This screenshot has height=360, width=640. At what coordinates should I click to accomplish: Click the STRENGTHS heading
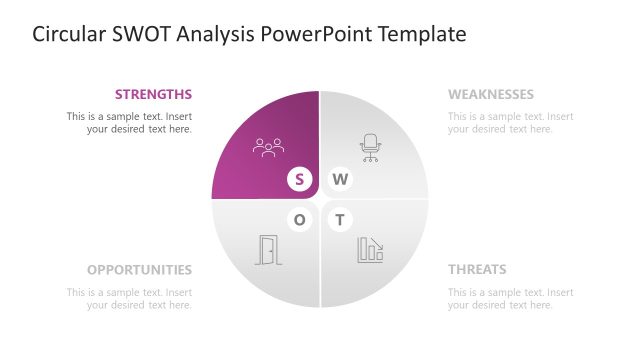point(153,95)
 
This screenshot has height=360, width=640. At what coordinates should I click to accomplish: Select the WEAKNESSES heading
point(491,95)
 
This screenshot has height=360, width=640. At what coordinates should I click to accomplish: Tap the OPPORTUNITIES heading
point(139,270)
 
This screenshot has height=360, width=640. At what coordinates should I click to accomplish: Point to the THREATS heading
point(477,270)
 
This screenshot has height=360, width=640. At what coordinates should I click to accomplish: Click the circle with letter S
point(299,180)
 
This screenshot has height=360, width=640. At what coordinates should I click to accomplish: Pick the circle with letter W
point(341,180)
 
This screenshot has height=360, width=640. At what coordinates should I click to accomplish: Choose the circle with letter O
point(299,220)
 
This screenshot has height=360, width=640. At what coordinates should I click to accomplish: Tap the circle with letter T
point(341,220)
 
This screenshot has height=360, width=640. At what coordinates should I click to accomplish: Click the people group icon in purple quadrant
point(269,148)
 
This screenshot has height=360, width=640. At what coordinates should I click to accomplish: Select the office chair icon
point(371,148)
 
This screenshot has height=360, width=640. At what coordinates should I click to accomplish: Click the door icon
point(269,250)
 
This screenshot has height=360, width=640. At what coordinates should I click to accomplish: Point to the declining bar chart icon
point(371,250)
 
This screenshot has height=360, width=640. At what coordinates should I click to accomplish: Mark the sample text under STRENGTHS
point(129,123)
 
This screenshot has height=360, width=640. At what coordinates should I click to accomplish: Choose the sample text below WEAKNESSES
point(511,123)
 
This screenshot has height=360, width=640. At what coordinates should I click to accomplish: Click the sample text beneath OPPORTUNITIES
point(129,299)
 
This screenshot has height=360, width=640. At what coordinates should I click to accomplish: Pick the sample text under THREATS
point(511,299)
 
